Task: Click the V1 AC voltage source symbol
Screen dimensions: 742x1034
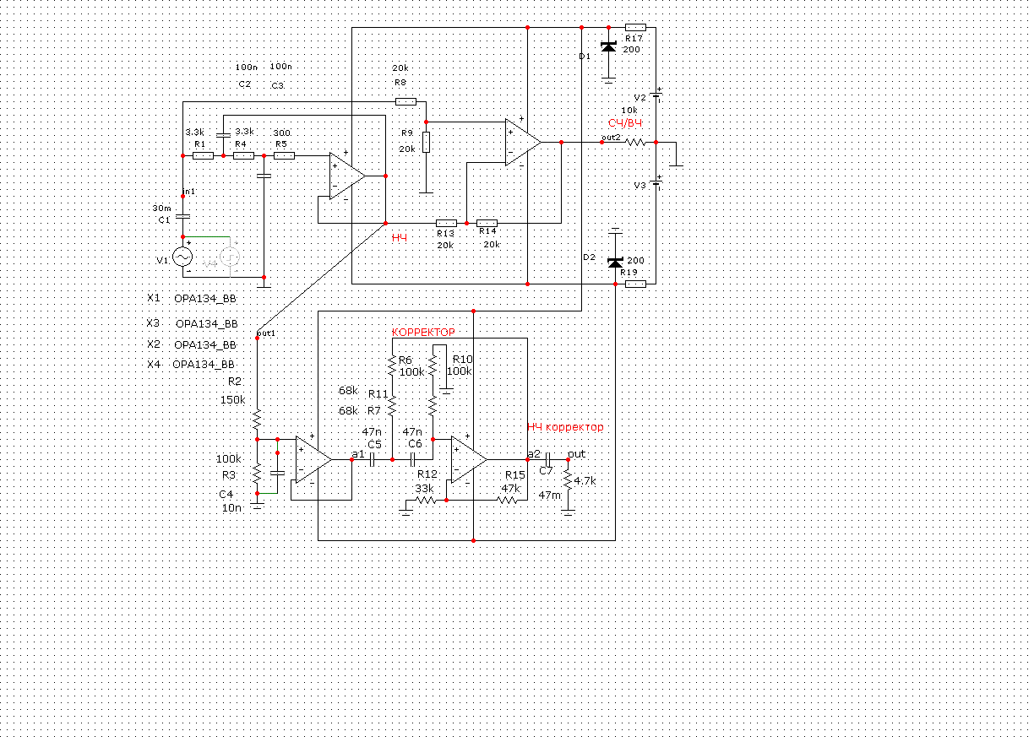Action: coord(182,257)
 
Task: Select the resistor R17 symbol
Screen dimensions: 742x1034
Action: coord(635,28)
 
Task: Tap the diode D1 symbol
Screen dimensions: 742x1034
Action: coord(608,47)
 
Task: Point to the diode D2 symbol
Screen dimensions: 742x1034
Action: coord(616,262)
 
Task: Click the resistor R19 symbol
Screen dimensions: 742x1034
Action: coord(635,284)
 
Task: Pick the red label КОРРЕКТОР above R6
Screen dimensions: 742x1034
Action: coord(423,333)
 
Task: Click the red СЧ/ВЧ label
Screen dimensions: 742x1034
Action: coord(626,124)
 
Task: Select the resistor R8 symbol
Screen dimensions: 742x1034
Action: coord(406,101)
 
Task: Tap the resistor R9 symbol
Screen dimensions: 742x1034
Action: coord(426,142)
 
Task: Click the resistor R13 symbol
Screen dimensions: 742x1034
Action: coord(446,223)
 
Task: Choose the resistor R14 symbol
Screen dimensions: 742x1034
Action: coord(487,223)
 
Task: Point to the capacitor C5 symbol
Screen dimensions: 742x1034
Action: coord(372,460)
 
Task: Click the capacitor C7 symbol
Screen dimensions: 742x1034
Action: coord(547,460)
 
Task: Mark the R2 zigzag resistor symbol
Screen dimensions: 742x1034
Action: coord(257,420)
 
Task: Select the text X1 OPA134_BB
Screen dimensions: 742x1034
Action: coord(192,298)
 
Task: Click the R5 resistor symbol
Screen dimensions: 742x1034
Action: coord(284,155)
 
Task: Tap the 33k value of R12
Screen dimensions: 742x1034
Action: coord(424,489)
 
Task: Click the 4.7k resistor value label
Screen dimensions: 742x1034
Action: coord(585,481)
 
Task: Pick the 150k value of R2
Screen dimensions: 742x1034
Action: coord(232,400)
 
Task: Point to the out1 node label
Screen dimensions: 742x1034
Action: coord(266,333)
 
